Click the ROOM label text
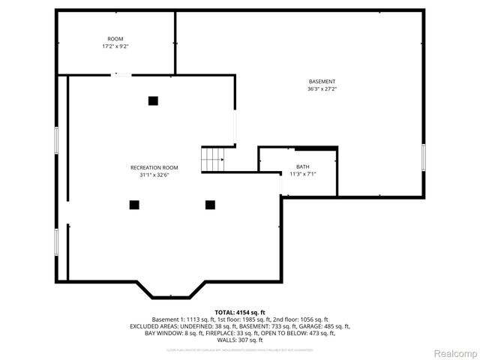point(115,39)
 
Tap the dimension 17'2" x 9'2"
point(115,46)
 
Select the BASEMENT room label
point(322,82)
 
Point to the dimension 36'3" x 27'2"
point(322,89)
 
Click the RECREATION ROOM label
point(154,167)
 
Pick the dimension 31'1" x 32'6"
point(154,175)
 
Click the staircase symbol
point(213,160)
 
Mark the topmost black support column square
point(153,100)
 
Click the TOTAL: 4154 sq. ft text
point(240,312)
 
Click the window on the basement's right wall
point(423,157)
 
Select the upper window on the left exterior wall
point(56,141)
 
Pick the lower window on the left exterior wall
point(56,241)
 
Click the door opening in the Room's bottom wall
point(120,74)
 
